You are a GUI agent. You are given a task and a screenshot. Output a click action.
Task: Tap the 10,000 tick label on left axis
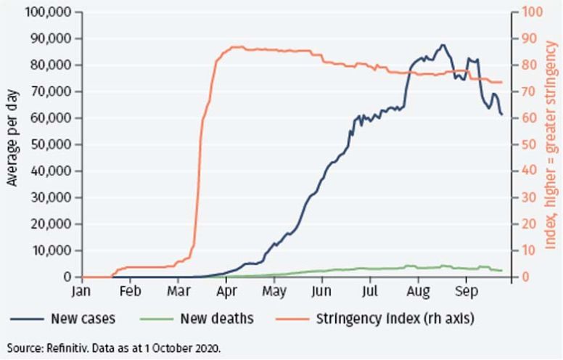click(52, 250)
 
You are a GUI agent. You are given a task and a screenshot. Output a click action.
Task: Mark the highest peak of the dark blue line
click(443, 45)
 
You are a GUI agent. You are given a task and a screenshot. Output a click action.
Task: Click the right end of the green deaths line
click(501, 271)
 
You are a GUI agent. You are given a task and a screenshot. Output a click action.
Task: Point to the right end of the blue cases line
click(501, 114)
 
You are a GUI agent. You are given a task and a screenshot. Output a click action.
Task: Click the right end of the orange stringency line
click(501, 82)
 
